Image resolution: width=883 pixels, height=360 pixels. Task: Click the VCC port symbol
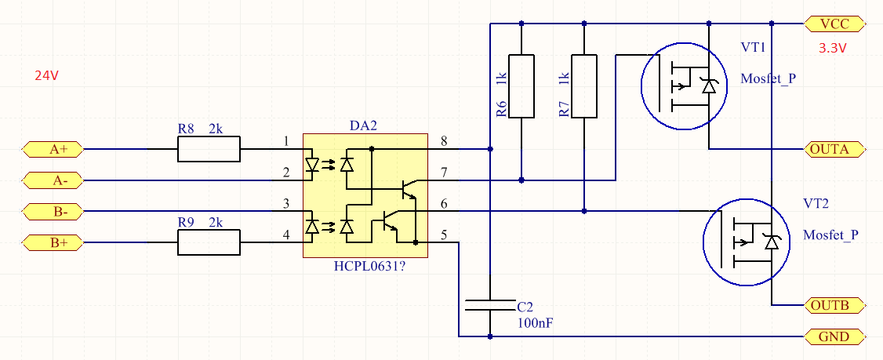pos(835,23)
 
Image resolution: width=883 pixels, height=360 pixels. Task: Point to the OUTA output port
pos(835,148)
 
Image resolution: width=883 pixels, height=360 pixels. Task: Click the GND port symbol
pos(835,336)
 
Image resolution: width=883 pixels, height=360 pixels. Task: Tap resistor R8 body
pos(209,149)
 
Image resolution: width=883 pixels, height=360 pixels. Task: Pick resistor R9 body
pos(209,243)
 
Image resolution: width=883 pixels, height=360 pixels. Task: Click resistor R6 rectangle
pos(521,86)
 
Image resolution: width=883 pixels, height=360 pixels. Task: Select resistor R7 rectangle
pos(584,86)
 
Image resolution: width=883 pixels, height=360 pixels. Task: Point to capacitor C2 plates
pos(490,305)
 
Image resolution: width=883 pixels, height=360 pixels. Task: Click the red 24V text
pos(47,76)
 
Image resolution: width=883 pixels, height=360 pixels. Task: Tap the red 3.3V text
pos(833,48)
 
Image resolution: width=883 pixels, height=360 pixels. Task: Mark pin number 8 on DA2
pos(444,141)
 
